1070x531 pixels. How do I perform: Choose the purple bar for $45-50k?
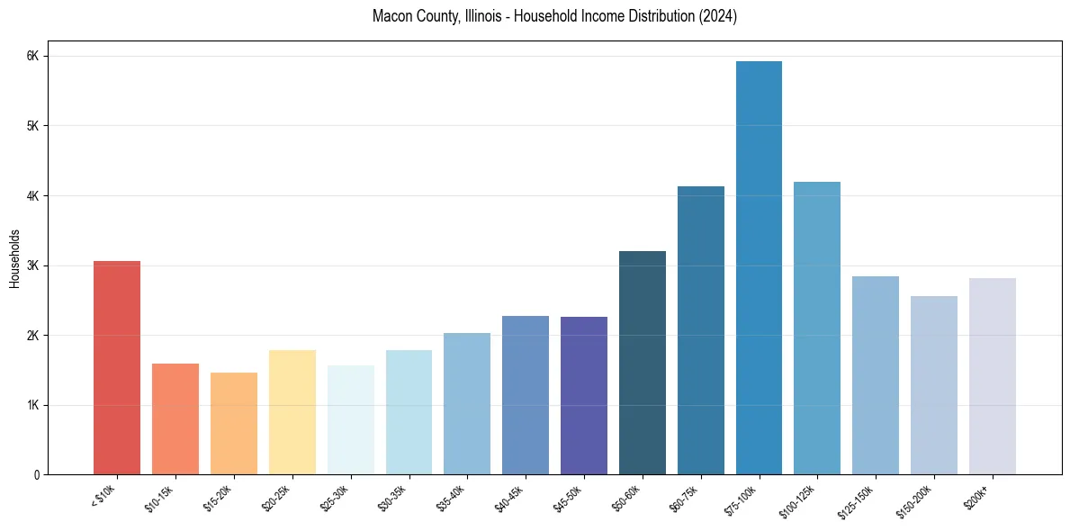[583, 395]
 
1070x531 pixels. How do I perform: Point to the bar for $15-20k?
[234, 423]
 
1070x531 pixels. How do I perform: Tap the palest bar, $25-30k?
[350, 419]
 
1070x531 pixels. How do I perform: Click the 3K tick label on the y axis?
[33, 265]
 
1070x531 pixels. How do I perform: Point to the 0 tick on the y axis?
[36, 474]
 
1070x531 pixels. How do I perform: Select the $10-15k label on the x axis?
[159, 498]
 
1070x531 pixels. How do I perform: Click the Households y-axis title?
[15, 258]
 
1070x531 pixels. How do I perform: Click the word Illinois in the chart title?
[487, 17]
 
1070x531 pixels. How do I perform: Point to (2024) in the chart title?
[718, 17]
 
